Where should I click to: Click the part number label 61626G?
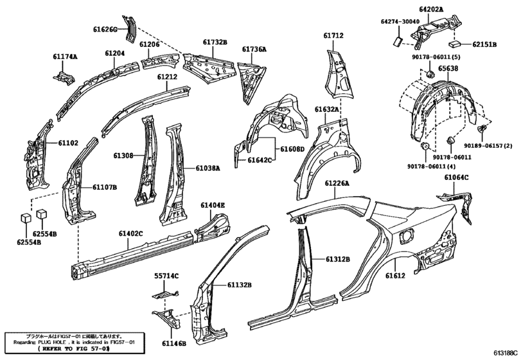pyautogui.click(x=105, y=30)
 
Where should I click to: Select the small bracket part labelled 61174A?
pyautogui.click(x=64, y=77)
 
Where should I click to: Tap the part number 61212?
pyautogui.click(x=167, y=76)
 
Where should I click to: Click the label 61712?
pyautogui.click(x=333, y=35)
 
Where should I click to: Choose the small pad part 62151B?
pyautogui.click(x=454, y=44)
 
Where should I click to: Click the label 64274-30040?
pyautogui.click(x=400, y=22)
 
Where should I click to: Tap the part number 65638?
pyautogui.click(x=448, y=69)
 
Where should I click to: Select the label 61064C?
pyautogui.click(x=456, y=177)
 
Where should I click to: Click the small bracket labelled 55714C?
pyautogui.click(x=165, y=294)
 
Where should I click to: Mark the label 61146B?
pyautogui.click(x=174, y=343)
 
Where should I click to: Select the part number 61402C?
pyautogui.click(x=131, y=234)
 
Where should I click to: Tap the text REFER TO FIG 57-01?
pyautogui.click(x=74, y=348)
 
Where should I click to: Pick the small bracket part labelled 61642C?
pyautogui.click(x=239, y=154)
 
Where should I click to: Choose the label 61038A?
pyautogui.click(x=208, y=168)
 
